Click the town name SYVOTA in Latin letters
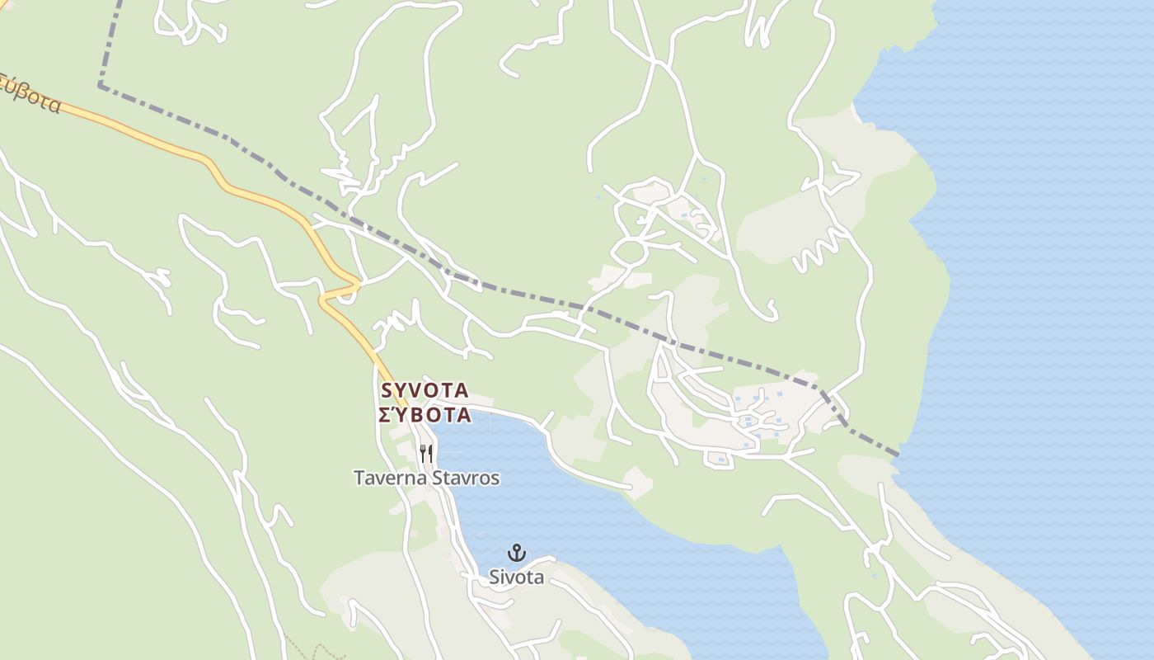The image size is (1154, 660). click(425, 389)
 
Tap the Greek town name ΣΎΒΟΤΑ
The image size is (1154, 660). click(425, 414)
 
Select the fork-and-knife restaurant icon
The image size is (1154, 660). click(426, 453)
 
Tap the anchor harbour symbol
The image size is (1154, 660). click(517, 553)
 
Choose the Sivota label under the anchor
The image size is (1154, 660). click(517, 577)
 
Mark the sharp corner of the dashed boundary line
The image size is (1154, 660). click(100, 85)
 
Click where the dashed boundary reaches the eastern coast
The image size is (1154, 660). click(898, 454)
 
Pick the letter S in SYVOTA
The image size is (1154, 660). click(386, 389)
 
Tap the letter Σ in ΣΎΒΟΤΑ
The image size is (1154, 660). click(385, 414)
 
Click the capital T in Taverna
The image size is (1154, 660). click(359, 478)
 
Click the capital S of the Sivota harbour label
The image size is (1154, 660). click(495, 577)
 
